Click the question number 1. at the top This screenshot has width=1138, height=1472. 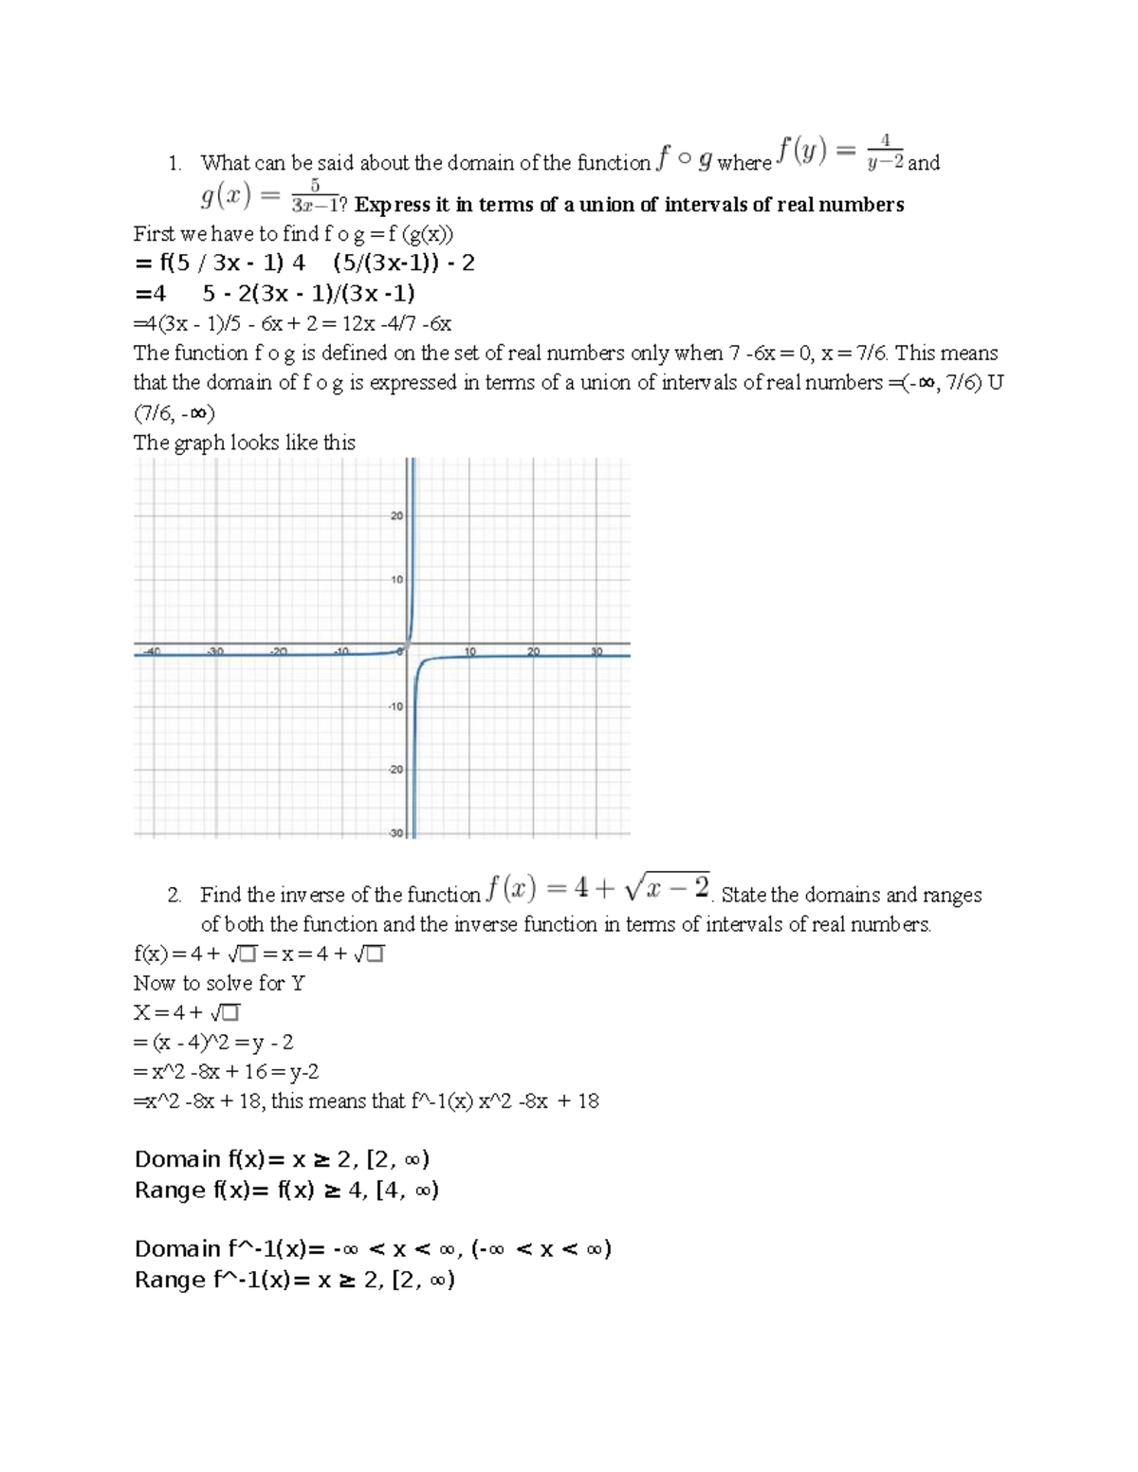pyautogui.click(x=174, y=163)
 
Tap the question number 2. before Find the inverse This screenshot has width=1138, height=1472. pyautogui.click(x=174, y=895)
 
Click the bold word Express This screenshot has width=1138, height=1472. pyautogui.click(x=391, y=205)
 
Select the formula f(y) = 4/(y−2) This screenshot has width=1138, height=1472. pyautogui.click(x=840, y=153)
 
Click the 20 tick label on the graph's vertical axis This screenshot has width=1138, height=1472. pyautogui.click(x=396, y=517)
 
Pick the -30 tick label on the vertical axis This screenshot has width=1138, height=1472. pyautogui.click(x=395, y=833)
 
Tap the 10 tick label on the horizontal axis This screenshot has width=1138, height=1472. pyautogui.click(x=469, y=652)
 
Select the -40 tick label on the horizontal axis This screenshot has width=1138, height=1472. pyautogui.click(x=151, y=652)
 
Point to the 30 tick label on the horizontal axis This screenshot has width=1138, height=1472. pyautogui.click(x=597, y=652)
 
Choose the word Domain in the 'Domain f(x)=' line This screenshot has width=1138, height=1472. pyautogui.click(x=177, y=1159)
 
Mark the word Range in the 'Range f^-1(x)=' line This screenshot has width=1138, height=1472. pyautogui.click(x=171, y=1280)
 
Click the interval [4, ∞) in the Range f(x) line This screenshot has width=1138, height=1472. pyautogui.click(x=407, y=1190)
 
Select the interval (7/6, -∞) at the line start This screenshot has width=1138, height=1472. pyautogui.click(x=174, y=413)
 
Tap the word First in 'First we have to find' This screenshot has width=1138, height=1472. pyautogui.click(x=155, y=234)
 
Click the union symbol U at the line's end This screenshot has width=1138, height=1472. pyautogui.click(x=995, y=383)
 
